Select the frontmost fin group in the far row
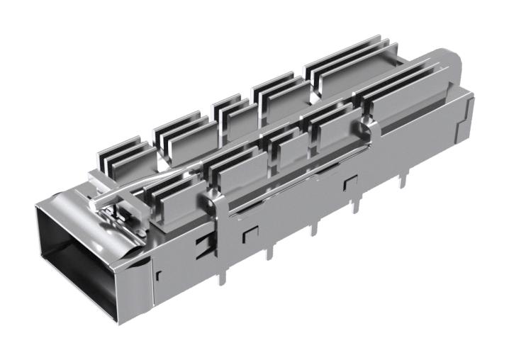(121, 156)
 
